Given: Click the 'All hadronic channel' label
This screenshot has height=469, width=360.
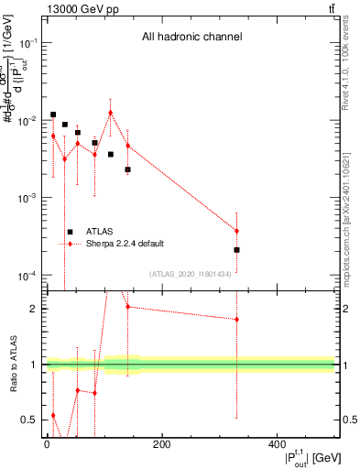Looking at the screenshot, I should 191,38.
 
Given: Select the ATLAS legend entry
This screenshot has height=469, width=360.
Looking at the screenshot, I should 101,232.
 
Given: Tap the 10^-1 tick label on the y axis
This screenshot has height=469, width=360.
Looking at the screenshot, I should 27,43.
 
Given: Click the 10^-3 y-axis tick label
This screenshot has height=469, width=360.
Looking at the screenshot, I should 27,198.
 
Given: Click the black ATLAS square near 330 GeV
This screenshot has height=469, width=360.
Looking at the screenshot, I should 236,249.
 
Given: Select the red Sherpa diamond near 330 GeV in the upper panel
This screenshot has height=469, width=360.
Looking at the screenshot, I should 236,231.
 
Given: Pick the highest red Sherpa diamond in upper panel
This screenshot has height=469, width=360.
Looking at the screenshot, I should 111,113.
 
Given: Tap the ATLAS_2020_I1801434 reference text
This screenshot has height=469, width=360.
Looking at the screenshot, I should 189,272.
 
